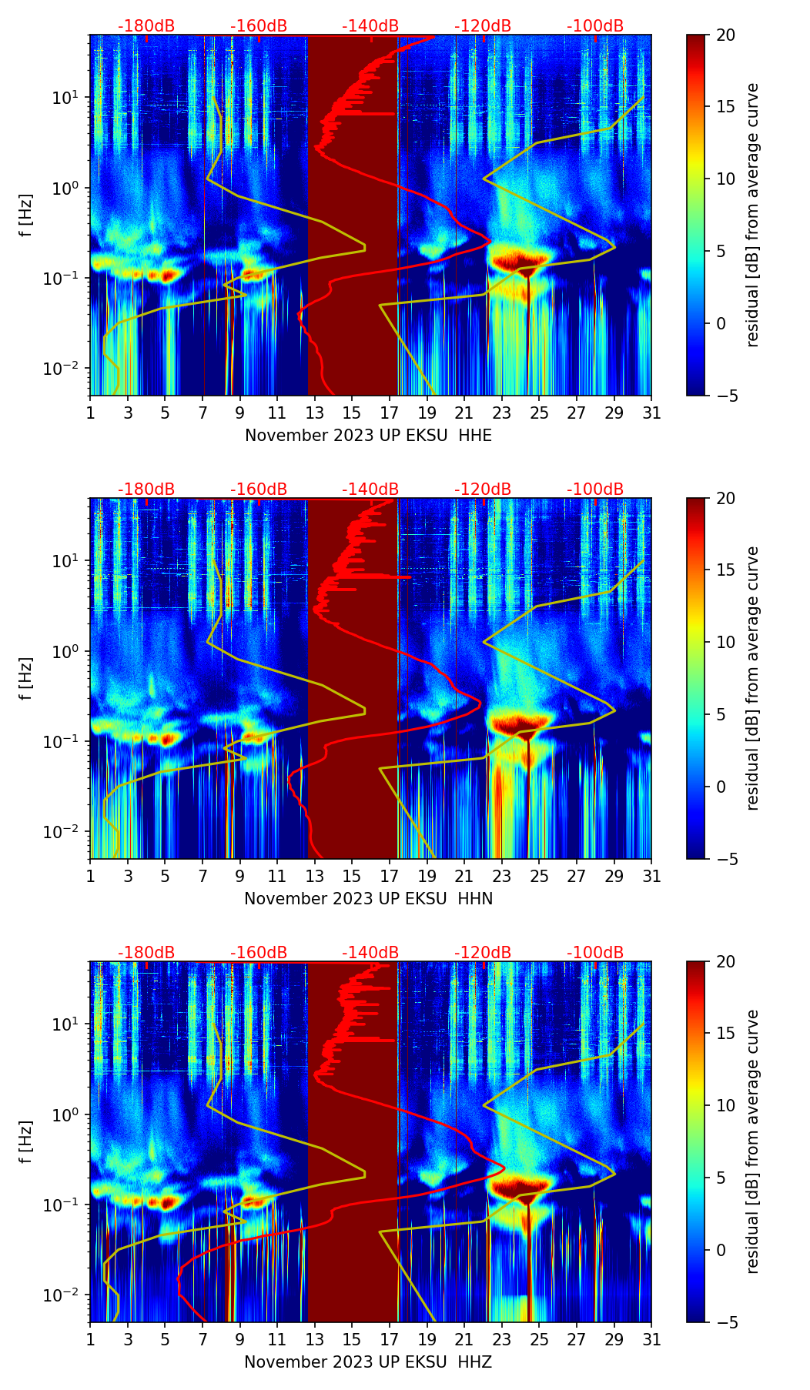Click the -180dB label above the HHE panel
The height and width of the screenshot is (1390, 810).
coord(146,26)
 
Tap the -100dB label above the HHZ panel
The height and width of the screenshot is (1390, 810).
coord(595,953)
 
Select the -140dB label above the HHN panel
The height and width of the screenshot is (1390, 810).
coord(370,490)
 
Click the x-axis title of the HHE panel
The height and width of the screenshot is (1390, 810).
coord(368,436)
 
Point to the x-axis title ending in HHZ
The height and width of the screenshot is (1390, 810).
coord(368,1362)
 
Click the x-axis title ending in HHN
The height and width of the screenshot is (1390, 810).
coord(368,899)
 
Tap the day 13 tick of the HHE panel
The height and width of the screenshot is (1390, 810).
coord(315,413)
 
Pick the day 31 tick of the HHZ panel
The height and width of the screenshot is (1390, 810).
coord(651,1339)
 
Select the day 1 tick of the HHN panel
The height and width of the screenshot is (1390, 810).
coord(91,876)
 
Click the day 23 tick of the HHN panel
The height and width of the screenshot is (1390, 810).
coord(502,876)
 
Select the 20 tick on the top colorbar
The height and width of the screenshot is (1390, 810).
coord(726,35)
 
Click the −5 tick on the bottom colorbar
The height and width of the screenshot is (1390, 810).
coord(726,1322)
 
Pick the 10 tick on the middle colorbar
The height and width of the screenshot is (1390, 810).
coord(726,642)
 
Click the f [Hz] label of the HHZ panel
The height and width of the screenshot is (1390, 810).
coord(26,1142)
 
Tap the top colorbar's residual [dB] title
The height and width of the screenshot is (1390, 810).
coord(753,215)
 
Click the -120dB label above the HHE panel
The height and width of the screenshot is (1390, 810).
coord(483,26)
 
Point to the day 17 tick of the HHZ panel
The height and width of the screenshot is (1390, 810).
coord(390,1339)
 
